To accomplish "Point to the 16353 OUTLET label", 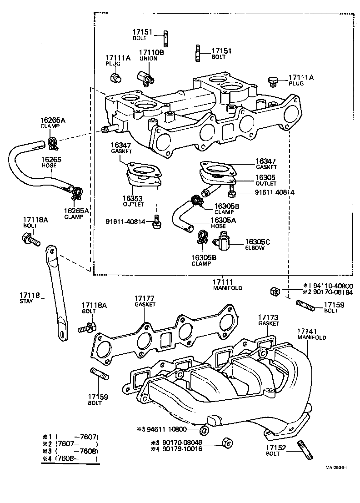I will click(x=133, y=201).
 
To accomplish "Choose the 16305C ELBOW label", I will click(x=257, y=245).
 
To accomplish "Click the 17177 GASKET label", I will click(x=145, y=301).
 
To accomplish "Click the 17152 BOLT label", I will click(x=276, y=450).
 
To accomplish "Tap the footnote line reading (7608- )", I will click(x=70, y=459).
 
